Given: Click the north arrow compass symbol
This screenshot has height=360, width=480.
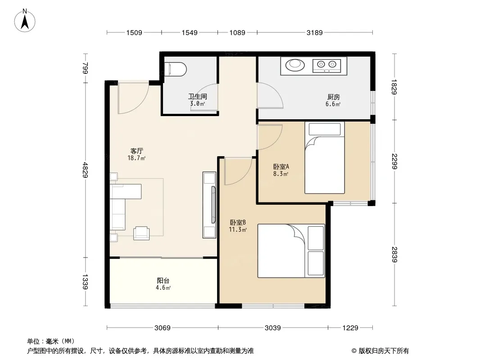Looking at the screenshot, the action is pyautogui.click(x=25, y=20).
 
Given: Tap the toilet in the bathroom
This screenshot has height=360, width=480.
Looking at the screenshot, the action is pyautogui.click(x=175, y=69).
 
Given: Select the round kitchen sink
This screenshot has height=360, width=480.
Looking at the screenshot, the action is pyautogui.click(x=295, y=65).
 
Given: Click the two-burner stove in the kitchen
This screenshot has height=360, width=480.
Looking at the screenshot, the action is pyautogui.click(x=326, y=65).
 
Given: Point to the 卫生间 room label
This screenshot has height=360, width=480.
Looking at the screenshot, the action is pyautogui.click(x=198, y=97).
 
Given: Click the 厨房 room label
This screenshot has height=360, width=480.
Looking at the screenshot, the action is pyautogui.click(x=333, y=97).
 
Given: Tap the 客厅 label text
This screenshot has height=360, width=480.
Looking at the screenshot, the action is pyautogui.click(x=136, y=151).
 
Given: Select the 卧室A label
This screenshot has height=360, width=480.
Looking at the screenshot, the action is pyautogui.click(x=281, y=166).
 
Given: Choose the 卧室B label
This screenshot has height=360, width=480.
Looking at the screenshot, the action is pyautogui.click(x=238, y=222).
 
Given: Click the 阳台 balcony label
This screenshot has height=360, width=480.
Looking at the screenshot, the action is pyautogui.click(x=163, y=280).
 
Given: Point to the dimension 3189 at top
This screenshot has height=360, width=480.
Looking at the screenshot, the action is pyautogui.click(x=315, y=32).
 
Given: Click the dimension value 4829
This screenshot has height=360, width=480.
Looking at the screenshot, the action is pyautogui.click(x=86, y=170).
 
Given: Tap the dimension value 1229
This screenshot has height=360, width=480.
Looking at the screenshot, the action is pyautogui.click(x=350, y=328).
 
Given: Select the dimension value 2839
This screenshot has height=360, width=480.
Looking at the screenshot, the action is pyautogui.click(x=394, y=255).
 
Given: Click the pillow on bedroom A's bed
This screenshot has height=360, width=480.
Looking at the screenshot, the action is pyautogui.click(x=325, y=129).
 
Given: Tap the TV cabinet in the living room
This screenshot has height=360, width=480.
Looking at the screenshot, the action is pyautogui.click(x=209, y=205).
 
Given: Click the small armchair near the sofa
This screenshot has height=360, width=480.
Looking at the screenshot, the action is pyautogui.click(x=141, y=233).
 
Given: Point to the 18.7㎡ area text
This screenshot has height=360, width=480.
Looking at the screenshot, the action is pyautogui.click(x=136, y=158).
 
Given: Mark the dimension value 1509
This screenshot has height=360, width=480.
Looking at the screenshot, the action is pyautogui.click(x=134, y=32).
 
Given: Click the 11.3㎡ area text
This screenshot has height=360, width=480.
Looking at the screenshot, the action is pyautogui.click(x=238, y=229).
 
